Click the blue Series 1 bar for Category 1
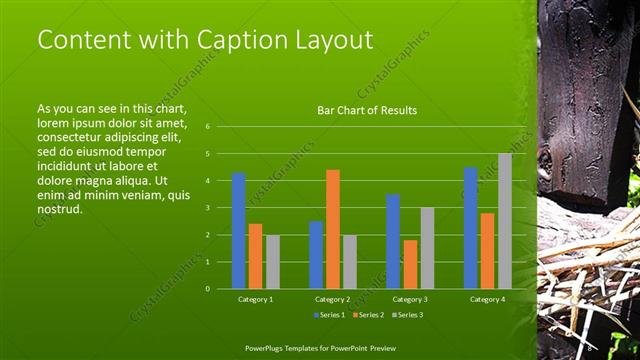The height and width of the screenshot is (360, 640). pos(238,230)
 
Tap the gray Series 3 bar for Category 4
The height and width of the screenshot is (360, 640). pos(504,220)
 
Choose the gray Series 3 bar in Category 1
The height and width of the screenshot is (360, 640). pos(273,261)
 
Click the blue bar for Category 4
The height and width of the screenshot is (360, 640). pos(470,227)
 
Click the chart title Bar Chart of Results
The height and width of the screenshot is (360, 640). pos(367,110)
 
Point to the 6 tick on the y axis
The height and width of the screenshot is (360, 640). pos(207,127)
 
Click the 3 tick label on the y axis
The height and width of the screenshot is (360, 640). pos(207,208)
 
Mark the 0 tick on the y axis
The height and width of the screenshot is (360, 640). pos(207,288)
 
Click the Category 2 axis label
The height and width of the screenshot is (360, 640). pos(333,299)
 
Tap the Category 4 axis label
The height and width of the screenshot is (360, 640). pos(487,299)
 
